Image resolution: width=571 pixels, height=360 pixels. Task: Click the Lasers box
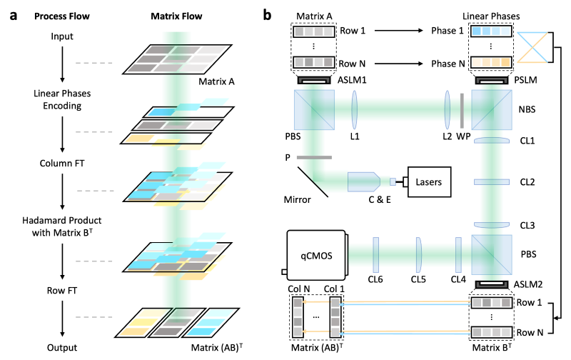(430, 182)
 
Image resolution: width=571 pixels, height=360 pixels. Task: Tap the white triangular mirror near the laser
(308, 183)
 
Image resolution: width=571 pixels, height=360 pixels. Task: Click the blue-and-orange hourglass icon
(532, 47)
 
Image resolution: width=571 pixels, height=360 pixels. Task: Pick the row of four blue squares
(491, 31)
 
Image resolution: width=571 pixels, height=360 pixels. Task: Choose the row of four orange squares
(491, 62)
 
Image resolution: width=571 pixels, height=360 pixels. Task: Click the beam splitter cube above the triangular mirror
(314, 109)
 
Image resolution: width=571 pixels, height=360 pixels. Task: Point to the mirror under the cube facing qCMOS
(492, 284)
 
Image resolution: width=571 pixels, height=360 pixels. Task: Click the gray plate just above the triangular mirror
(314, 156)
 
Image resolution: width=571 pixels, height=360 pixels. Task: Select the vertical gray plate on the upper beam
(462, 111)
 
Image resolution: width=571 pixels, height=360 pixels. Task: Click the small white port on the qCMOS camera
(285, 272)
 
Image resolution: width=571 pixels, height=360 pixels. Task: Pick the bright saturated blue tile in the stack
(161, 112)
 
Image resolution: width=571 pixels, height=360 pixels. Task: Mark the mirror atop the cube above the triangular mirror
(314, 81)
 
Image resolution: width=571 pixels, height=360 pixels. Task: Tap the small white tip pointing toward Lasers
(393, 181)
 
